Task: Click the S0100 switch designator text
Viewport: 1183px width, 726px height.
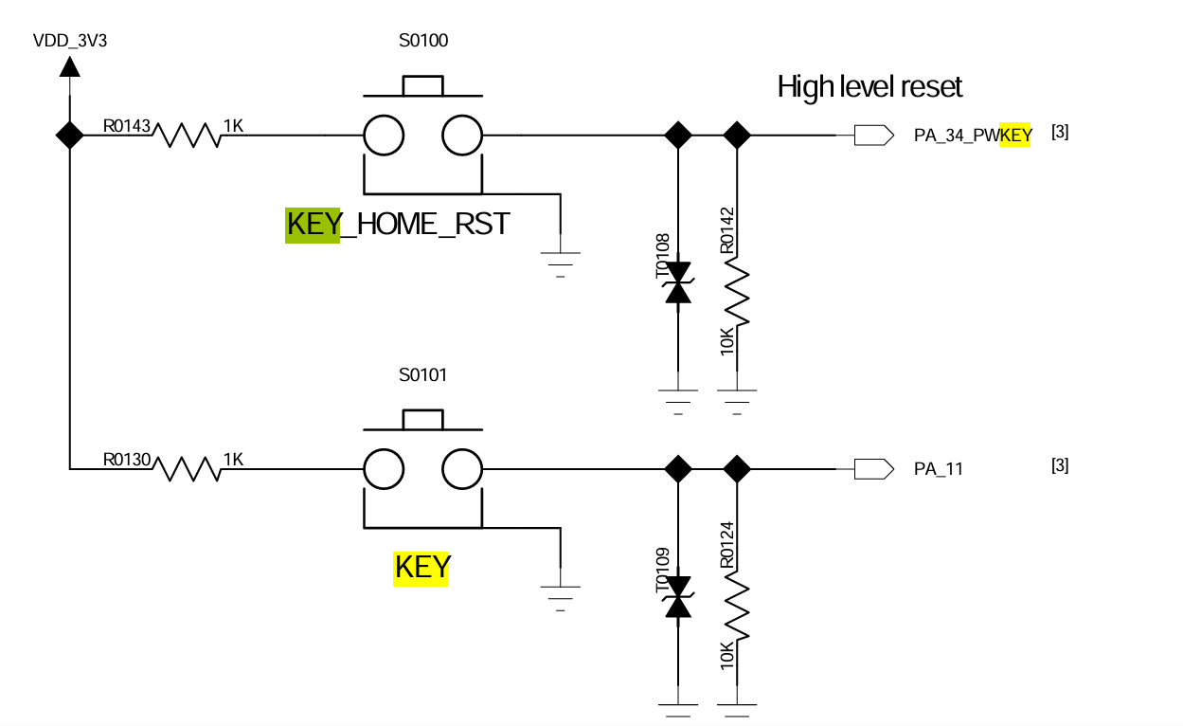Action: pos(423,41)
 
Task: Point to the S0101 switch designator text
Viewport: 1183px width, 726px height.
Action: pos(422,374)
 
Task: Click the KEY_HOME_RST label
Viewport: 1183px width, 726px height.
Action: pos(398,225)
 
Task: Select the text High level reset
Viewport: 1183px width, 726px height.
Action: pos(869,87)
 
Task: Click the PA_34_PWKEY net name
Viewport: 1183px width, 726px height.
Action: pos(973,136)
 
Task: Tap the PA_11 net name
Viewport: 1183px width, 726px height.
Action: pos(938,468)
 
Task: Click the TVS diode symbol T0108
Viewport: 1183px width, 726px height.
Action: pos(677,282)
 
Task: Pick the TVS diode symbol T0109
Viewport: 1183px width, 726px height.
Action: pos(677,597)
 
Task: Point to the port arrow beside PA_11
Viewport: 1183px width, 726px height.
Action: pos(873,467)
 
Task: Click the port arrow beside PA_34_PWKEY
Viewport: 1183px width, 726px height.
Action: pos(873,135)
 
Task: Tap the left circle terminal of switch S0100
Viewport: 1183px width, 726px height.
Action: pos(385,135)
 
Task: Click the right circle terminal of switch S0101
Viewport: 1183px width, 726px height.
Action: pos(462,467)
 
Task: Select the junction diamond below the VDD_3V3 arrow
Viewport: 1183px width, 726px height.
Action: pos(69,135)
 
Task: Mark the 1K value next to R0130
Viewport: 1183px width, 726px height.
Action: pos(233,459)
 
